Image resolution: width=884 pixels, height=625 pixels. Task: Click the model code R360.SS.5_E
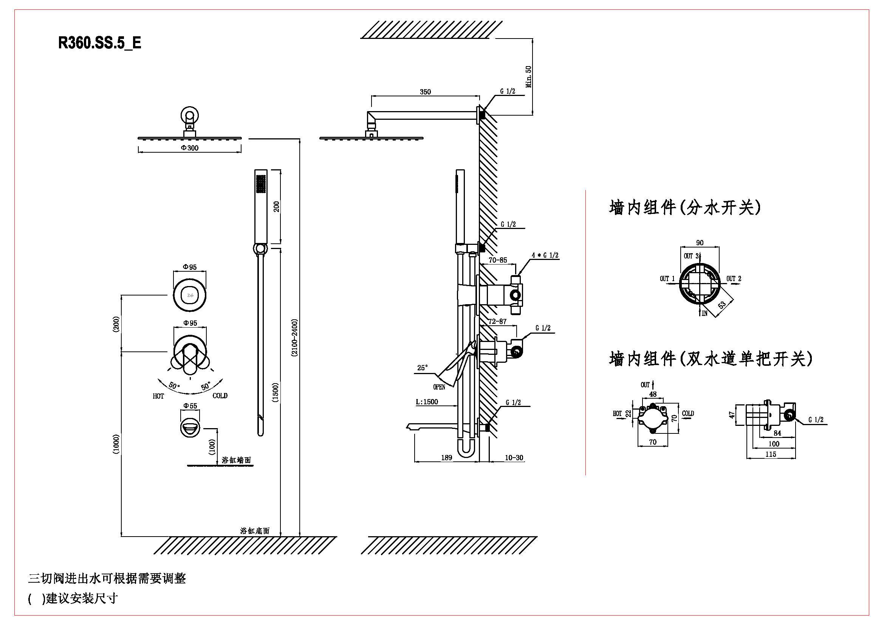coord(100,43)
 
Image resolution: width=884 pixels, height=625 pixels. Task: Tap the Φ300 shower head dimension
coord(190,148)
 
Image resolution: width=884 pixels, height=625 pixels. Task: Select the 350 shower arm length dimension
coord(425,91)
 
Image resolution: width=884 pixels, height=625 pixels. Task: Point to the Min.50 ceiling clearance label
coord(529,77)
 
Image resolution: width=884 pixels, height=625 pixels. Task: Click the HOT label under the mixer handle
coord(158,396)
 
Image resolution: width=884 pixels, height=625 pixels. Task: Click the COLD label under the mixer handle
coord(220,396)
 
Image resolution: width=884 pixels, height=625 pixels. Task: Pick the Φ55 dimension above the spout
coord(190,405)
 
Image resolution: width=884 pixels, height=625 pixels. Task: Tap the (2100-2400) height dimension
coord(294,338)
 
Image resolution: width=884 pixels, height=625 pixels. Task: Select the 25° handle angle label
coord(423,368)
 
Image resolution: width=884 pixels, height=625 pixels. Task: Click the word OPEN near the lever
coord(439,387)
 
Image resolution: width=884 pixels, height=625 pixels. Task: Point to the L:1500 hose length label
coord(427,402)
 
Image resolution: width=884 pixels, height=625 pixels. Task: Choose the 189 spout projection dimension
coord(446,458)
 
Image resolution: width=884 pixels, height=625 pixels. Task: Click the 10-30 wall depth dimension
coord(514,458)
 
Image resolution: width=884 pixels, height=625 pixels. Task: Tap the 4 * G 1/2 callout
coord(545,255)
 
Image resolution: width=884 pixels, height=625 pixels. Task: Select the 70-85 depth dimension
coord(498,260)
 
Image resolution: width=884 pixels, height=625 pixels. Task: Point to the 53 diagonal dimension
coord(722,305)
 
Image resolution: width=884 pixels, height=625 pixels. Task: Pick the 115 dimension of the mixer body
coord(770,454)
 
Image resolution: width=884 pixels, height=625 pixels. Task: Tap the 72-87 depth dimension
coord(497,321)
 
